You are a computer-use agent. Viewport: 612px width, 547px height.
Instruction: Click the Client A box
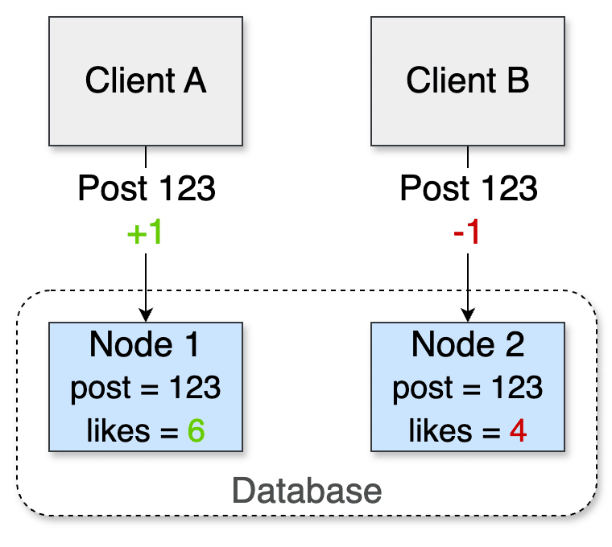pyautogui.click(x=146, y=80)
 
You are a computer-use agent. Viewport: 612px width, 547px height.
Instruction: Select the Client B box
pyautogui.click(x=467, y=80)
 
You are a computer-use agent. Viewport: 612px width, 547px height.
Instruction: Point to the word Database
pyautogui.click(x=307, y=490)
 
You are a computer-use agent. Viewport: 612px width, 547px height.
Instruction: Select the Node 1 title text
pyautogui.click(x=146, y=345)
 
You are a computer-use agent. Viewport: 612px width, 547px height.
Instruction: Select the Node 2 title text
pyautogui.click(x=467, y=345)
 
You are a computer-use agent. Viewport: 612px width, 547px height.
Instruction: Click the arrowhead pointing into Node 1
pyautogui.click(x=146, y=315)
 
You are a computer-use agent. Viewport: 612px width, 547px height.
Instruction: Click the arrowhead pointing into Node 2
pyautogui.click(x=467, y=315)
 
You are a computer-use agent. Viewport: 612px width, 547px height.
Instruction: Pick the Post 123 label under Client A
pyautogui.click(x=146, y=190)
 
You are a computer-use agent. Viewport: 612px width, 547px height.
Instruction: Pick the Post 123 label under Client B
pyautogui.click(x=467, y=190)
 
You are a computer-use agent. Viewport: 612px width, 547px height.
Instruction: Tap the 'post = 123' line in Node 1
pyautogui.click(x=146, y=389)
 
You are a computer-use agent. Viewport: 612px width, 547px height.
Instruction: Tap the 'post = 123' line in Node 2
pyautogui.click(x=467, y=389)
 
